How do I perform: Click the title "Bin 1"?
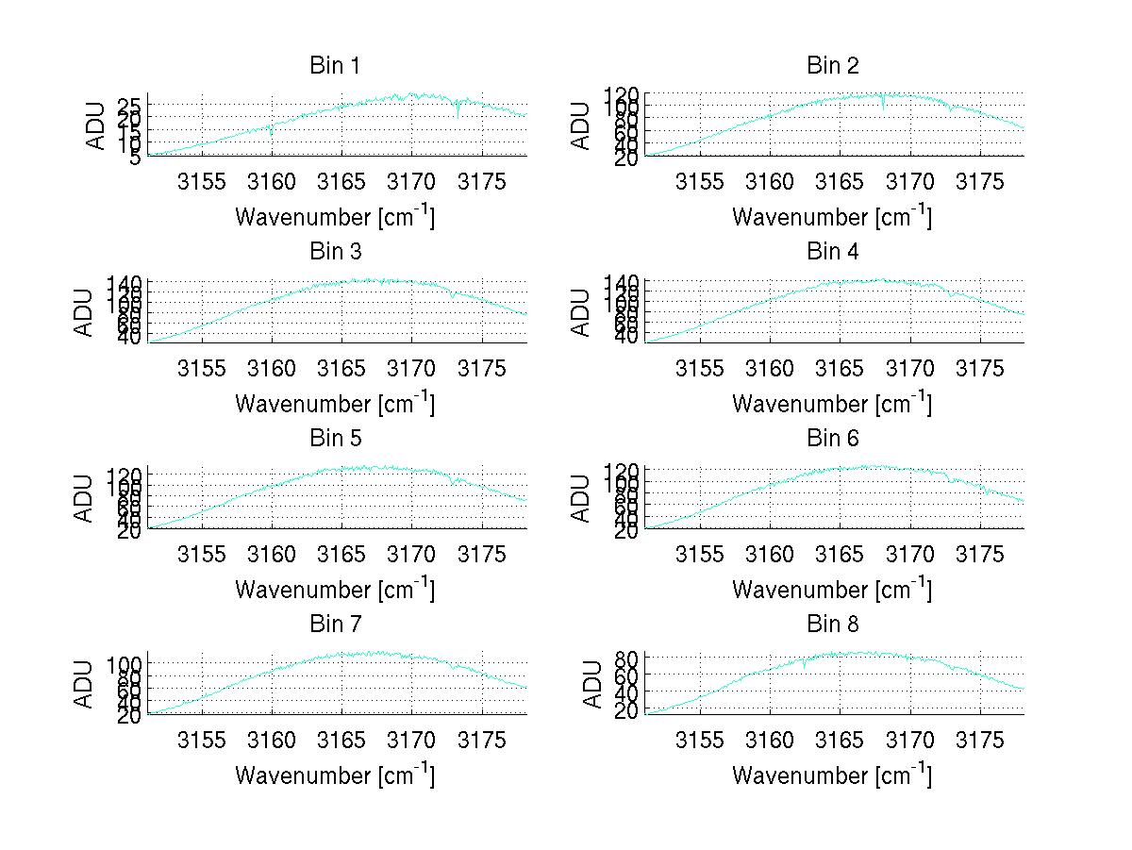(x=335, y=66)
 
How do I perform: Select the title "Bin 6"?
(x=832, y=438)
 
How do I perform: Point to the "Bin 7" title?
(x=335, y=625)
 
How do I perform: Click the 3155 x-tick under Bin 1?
(x=202, y=181)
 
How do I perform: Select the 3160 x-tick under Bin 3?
(x=272, y=367)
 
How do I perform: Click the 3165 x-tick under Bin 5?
(x=341, y=553)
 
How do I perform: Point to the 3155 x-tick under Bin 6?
(x=700, y=553)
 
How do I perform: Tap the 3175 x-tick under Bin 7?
(x=482, y=739)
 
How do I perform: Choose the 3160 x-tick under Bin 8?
(x=770, y=739)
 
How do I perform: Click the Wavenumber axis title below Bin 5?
(x=335, y=590)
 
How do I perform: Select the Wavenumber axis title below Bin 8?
(x=832, y=775)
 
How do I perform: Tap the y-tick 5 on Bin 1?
(x=135, y=157)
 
